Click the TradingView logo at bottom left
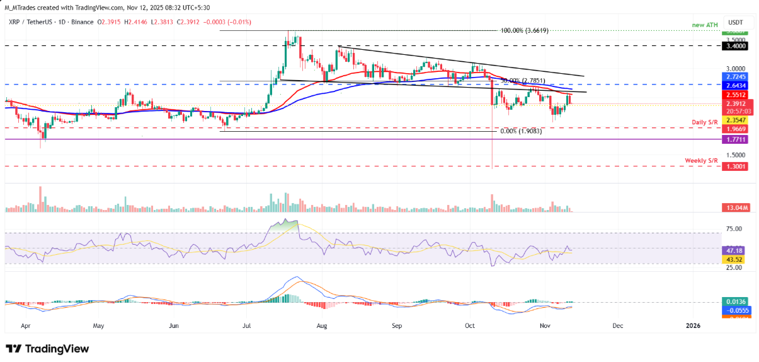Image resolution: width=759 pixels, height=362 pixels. (x=47, y=349)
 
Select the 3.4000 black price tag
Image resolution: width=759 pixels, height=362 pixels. (x=734, y=46)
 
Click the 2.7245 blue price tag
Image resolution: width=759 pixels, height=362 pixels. (x=734, y=76)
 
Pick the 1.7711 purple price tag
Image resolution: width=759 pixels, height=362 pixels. (x=734, y=139)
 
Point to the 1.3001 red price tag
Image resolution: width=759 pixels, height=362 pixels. (x=734, y=166)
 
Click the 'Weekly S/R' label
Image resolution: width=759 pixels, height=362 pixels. (x=702, y=161)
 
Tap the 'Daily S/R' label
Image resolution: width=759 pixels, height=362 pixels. (x=704, y=121)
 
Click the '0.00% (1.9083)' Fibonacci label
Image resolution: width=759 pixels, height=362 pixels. (x=520, y=131)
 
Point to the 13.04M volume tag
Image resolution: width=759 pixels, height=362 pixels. (x=734, y=207)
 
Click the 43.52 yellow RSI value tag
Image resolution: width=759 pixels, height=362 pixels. (x=734, y=259)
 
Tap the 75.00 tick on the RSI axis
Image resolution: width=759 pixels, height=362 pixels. (x=734, y=229)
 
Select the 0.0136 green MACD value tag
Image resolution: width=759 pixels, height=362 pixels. (x=734, y=302)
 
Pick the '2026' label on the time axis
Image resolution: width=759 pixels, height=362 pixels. (x=692, y=326)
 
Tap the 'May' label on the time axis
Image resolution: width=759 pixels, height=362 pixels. (x=98, y=326)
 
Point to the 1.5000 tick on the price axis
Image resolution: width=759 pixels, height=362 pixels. (x=734, y=155)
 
